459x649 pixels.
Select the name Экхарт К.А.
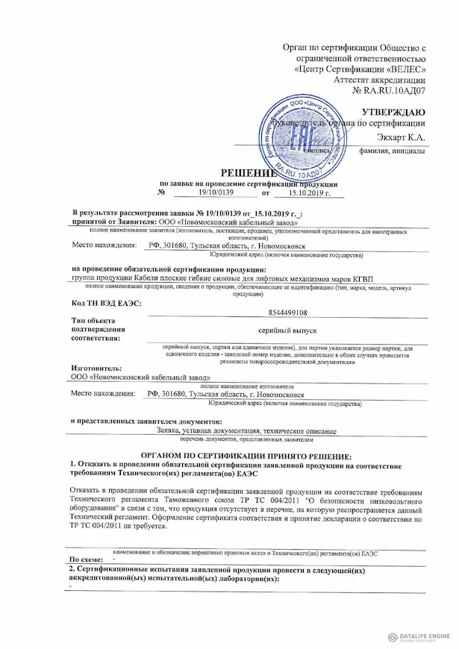pos(400,137)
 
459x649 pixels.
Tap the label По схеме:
pos(87,558)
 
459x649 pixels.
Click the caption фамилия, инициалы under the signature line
pos(392,151)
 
